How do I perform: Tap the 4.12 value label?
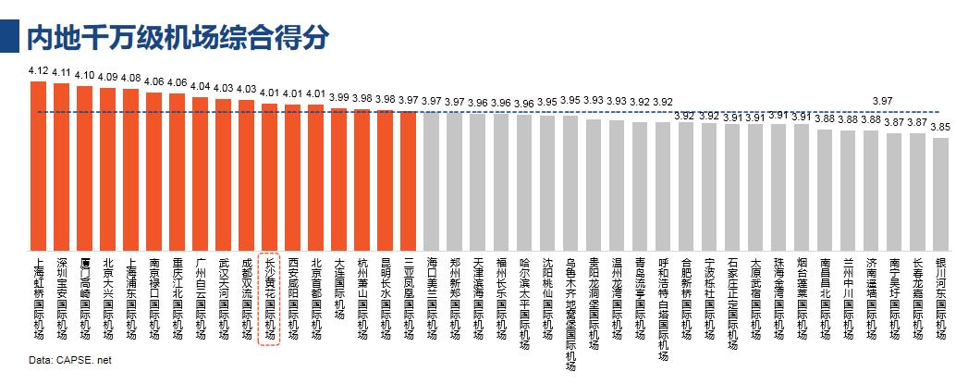point(39,70)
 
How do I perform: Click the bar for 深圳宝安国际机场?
point(62,166)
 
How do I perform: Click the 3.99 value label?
point(338,97)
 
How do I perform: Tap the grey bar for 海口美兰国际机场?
point(431,180)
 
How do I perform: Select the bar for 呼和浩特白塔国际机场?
point(663,185)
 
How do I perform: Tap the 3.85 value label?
point(941,127)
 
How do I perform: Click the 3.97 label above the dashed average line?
point(882,101)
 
